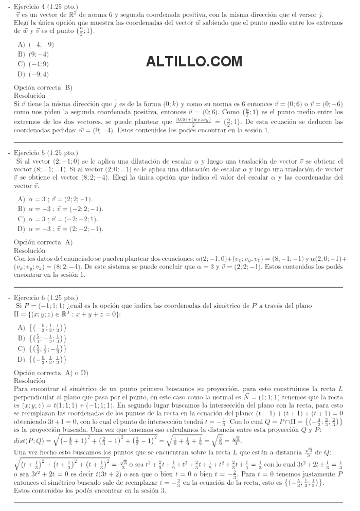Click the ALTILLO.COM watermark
click(x=194, y=62)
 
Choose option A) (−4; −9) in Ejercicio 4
click(x=35, y=44)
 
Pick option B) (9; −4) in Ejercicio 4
click(x=33, y=54)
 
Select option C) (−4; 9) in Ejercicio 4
click(x=33, y=64)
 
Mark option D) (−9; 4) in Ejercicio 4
click(x=33, y=74)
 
